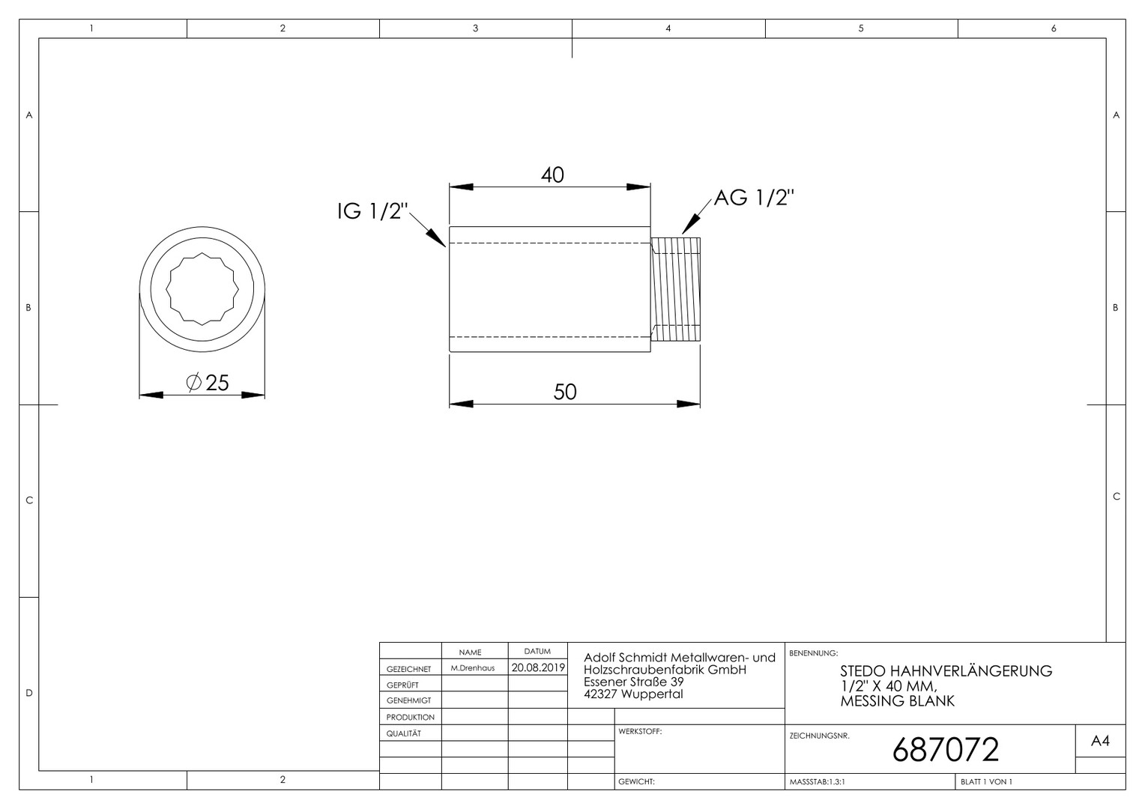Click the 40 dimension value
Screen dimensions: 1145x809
coord(552,175)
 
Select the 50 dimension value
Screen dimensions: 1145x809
coord(565,392)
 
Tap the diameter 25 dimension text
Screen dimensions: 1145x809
coord(208,383)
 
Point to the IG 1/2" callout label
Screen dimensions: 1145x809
coord(372,211)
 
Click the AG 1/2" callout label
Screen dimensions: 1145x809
coord(754,198)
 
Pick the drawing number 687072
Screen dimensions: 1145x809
coord(946,750)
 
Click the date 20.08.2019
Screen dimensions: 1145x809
coord(538,667)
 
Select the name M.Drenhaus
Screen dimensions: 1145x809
coord(473,668)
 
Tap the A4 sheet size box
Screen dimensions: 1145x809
coord(1100,741)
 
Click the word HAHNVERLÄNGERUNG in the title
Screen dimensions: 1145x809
coord(971,671)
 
